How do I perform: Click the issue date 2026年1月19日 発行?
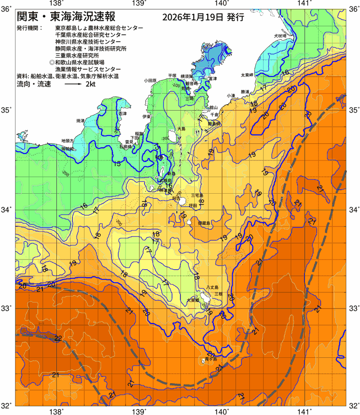203,18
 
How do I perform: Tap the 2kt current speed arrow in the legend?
72,85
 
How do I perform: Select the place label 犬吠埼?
280,36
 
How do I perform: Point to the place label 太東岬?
247,75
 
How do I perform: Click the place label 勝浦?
245,91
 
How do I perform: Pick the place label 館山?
213,107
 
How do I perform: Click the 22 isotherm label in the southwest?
58,338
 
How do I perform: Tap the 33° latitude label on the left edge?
7,308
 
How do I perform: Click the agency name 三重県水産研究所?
77,54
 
